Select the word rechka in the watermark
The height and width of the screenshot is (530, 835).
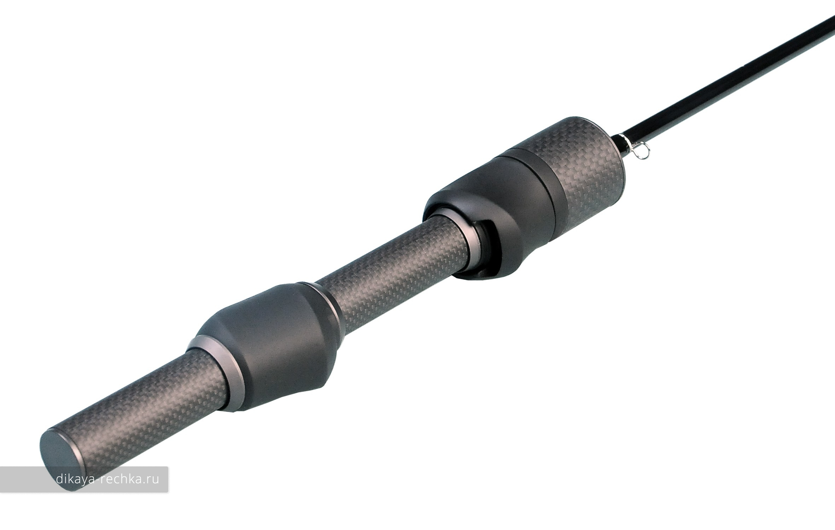click(122, 479)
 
